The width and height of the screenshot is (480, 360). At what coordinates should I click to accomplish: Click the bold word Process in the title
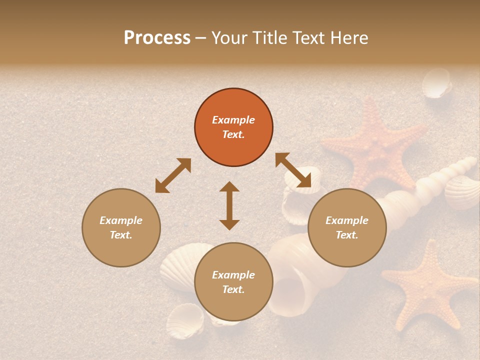[x=157, y=38]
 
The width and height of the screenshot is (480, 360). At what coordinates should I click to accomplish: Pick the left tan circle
[x=121, y=227]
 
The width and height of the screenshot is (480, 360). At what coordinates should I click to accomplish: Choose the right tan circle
[x=347, y=227]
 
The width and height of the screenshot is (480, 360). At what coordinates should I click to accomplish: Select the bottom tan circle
[x=233, y=281]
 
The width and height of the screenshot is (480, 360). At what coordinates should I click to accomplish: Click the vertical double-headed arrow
[x=229, y=205]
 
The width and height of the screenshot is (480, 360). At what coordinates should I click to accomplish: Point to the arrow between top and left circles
[x=173, y=175]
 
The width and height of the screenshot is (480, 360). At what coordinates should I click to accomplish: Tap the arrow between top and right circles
[x=293, y=170]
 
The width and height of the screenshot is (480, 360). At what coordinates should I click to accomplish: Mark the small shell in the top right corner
[x=436, y=83]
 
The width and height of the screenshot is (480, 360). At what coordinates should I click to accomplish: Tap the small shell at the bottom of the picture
[x=184, y=320]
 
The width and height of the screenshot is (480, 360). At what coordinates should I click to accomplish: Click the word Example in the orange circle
[x=233, y=120]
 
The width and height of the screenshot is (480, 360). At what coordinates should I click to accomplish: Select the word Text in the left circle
[x=121, y=235]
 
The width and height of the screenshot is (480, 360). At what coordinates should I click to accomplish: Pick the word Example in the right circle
[x=347, y=220]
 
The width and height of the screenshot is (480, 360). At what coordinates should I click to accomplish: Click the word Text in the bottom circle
[x=233, y=289]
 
